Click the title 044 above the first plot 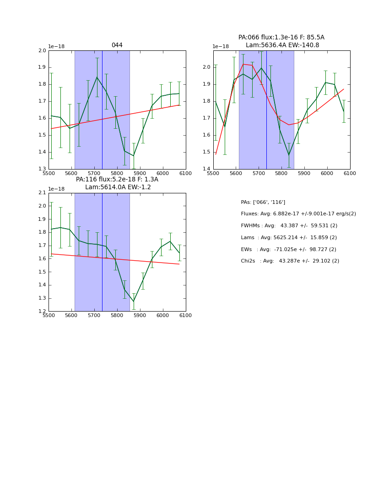click(x=117, y=45)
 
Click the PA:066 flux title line click(x=281, y=38)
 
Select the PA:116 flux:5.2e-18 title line click(x=117, y=180)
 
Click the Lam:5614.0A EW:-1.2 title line click(x=118, y=187)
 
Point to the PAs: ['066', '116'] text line click(x=263, y=202)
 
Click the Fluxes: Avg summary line click(x=298, y=214)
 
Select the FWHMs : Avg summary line click(x=289, y=226)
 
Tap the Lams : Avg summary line click(x=289, y=238)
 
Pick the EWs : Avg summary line click(x=289, y=249)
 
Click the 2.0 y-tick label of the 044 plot click(x=42, y=51)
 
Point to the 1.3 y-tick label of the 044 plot click(x=42, y=169)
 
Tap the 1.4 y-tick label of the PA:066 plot click(x=207, y=169)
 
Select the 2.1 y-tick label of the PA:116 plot click(x=42, y=193)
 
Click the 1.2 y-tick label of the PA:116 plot click(x=42, y=311)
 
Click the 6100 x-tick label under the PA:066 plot click(x=350, y=174)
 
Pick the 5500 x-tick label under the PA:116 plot click(x=49, y=316)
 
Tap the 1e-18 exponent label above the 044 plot click(x=56, y=47)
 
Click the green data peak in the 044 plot click(x=97, y=77)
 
